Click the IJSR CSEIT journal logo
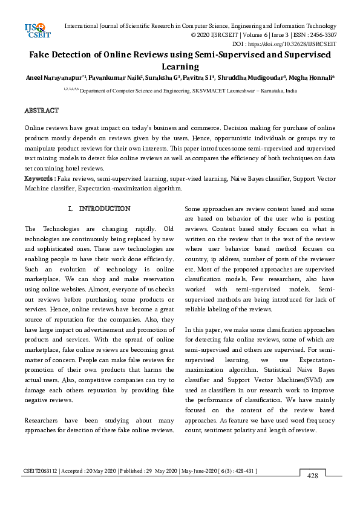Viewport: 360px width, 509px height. pos(35,30)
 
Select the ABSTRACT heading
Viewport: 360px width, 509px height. pos(41,111)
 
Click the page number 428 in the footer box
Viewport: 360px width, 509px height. pos(312,476)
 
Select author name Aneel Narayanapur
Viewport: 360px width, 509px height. pos(50,78)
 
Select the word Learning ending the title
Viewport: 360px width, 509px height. pos(180,67)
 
